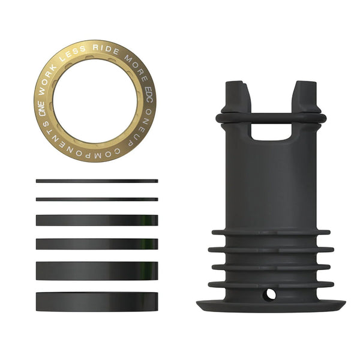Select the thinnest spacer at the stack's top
coord(97,181)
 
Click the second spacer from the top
coord(97,199)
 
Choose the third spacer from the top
coord(97,220)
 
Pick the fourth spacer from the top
coord(97,244)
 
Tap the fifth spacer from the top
coord(97,271)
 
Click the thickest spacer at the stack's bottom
coord(97,301)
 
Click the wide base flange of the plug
coord(270,304)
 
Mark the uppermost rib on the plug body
coord(270,232)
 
